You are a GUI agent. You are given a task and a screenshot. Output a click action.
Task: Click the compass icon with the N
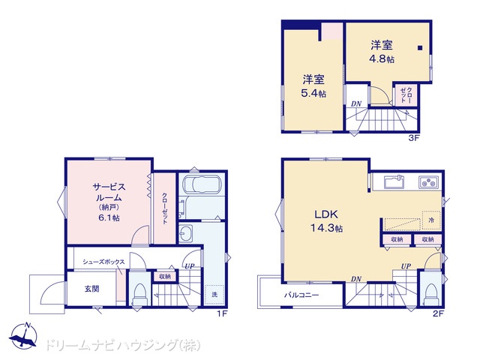pyautogui.click(x=23, y=336)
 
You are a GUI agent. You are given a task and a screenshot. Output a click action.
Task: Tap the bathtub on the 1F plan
pyautogui.click(x=202, y=184)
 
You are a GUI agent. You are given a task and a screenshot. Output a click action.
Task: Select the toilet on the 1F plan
pyautogui.click(x=140, y=293)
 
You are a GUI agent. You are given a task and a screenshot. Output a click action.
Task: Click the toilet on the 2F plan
pyautogui.click(x=431, y=293)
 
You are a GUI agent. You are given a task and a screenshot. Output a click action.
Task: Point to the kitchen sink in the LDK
pyautogui.click(x=394, y=181)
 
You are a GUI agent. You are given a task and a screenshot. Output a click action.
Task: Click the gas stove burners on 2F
pyautogui.click(x=428, y=182)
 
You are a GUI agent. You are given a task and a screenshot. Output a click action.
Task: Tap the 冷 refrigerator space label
pyautogui.click(x=431, y=220)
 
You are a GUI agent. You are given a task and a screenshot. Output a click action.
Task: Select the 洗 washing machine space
pyautogui.click(x=214, y=295)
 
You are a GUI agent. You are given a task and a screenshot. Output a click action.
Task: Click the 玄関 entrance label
pyautogui.click(x=91, y=289)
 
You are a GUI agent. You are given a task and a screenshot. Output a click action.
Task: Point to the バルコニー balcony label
pyautogui.click(x=301, y=295)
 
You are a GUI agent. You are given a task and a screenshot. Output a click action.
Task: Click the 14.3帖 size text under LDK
pyautogui.click(x=326, y=228)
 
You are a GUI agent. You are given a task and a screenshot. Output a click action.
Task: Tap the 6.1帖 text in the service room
pyautogui.click(x=109, y=217)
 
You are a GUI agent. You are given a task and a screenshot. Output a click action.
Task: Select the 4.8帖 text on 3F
pyautogui.click(x=382, y=58)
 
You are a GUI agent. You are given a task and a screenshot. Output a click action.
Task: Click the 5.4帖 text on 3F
pyautogui.click(x=313, y=93)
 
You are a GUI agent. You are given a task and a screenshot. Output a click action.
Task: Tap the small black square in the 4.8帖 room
pyautogui.click(x=420, y=48)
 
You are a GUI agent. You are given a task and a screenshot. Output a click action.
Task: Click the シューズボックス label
pyautogui.click(x=103, y=262)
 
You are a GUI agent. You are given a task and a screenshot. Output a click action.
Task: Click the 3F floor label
pyautogui.click(x=413, y=138)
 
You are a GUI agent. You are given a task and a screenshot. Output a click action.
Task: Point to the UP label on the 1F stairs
pyautogui.click(x=190, y=266)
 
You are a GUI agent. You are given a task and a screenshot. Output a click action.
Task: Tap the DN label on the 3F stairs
pyautogui.click(x=356, y=103)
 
